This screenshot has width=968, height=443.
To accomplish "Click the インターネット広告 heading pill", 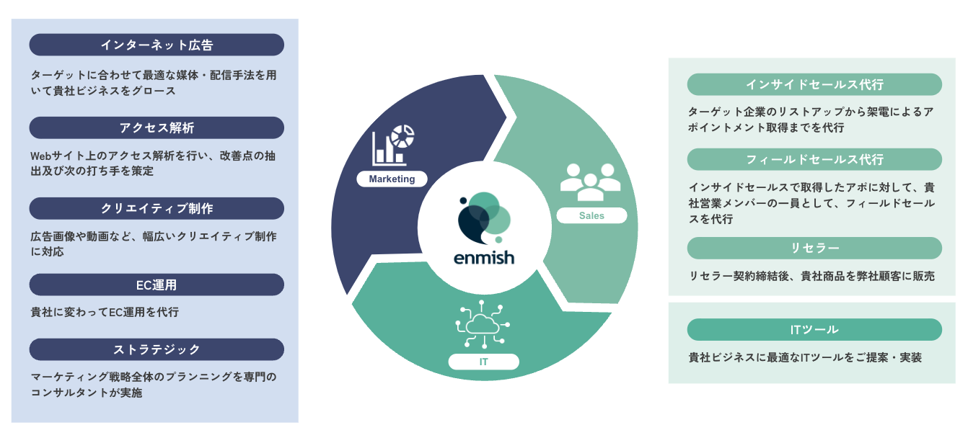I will coord(157,45).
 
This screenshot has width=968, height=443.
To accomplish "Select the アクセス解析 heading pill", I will coord(157,127).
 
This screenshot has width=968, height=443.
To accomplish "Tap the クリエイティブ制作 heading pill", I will coord(157,208).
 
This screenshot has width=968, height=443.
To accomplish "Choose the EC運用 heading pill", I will coord(157,285).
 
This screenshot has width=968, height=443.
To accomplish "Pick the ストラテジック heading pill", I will coord(157,349).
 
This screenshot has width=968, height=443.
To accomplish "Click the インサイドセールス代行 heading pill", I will coord(814,84).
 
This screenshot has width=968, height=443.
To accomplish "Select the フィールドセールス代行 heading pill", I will coord(814,159).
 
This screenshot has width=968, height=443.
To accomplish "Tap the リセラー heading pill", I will coord(814,248).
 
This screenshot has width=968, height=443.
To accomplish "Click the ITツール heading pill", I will coord(814,329).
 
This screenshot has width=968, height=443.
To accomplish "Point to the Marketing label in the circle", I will coord(392,179).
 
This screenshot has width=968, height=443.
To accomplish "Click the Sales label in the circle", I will coord(591,215).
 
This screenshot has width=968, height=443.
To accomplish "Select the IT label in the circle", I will coord(483,362).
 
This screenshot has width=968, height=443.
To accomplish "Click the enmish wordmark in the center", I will coord(484,257).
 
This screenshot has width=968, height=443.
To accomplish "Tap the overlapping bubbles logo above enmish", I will coord(483,218).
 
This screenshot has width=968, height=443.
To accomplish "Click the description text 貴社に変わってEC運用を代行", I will coord(105,312).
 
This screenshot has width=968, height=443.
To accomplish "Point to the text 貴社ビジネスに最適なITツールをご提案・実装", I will coord(805,357).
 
